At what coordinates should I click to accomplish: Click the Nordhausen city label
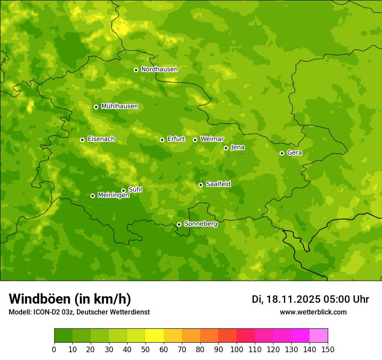[159, 69]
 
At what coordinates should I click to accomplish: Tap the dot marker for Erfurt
[162, 140]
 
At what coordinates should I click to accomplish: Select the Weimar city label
[212, 139]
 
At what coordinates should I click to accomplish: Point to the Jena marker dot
[226, 148]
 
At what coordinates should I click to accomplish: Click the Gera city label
[294, 153]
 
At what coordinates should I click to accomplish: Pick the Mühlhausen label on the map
[119, 106]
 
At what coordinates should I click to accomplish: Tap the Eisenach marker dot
[82, 140]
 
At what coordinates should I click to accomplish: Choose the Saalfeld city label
[218, 184]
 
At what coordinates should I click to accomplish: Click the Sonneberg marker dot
[179, 224]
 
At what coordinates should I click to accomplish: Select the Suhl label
[135, 190]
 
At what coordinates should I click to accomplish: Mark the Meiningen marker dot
[92, 196]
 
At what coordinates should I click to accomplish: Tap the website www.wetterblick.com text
[313, 312]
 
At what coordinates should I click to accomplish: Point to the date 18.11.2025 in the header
[292, 299]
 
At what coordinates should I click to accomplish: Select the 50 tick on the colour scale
[145, 349]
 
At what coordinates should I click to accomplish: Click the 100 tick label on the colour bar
[237, 349]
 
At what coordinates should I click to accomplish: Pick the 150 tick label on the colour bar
[328, 349]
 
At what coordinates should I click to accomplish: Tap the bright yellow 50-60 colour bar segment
[155, 336]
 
